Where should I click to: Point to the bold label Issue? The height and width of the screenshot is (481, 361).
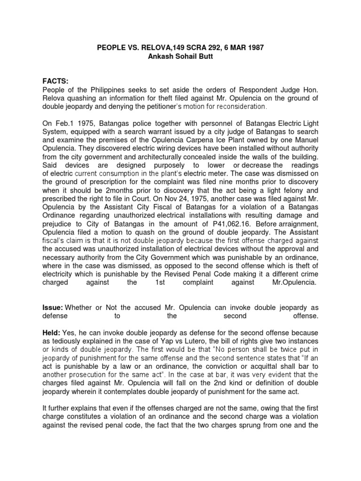click(x=53, y=308)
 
